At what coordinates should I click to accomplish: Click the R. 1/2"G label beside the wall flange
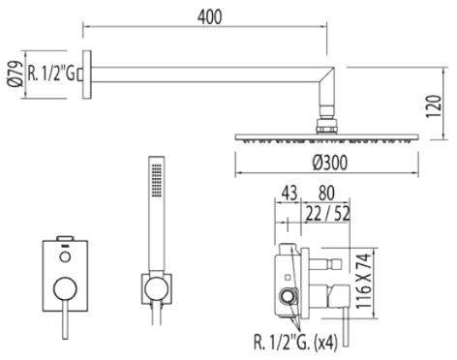[52, 70]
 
